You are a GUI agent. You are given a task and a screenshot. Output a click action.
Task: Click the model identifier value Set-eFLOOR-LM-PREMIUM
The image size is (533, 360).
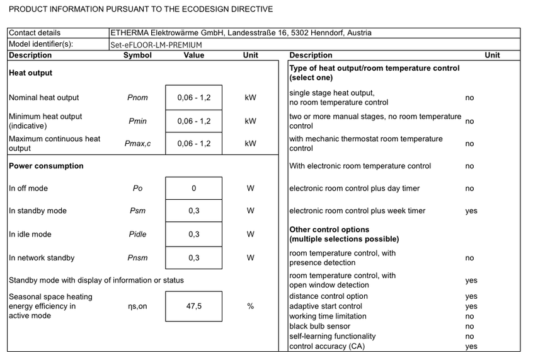coord(156,45)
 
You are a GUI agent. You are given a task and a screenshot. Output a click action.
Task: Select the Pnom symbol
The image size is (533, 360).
coord(137,98)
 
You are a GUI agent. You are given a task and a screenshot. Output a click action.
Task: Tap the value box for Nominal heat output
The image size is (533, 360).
coord(194,98)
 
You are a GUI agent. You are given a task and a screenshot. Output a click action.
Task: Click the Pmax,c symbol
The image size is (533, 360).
coord(137,144)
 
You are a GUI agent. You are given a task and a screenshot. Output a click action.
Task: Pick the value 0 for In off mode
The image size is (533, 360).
coord(194,189)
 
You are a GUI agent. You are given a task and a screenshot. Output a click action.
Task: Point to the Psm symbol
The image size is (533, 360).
coord(137,211)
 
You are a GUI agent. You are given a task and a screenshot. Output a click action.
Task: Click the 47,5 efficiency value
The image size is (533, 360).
coord(194,306)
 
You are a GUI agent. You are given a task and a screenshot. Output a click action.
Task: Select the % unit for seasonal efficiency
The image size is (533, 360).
coord(251,306)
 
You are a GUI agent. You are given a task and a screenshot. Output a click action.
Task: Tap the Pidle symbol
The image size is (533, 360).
coord(137,235)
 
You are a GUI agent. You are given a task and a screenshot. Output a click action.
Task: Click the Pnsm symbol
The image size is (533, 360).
coord(137,258)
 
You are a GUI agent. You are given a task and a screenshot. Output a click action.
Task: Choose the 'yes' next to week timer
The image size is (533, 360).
coord(471,211)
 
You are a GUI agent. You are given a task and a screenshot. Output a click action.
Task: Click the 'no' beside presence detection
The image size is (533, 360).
coord(469,258)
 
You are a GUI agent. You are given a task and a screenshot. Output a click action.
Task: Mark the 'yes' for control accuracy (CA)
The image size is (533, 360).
coord(471,346)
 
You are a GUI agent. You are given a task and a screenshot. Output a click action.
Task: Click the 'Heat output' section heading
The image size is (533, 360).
coord(30,73)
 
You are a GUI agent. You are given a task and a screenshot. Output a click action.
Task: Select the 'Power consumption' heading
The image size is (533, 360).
coord(46,166)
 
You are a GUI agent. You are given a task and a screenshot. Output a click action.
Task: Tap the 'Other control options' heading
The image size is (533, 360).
coord(330,229)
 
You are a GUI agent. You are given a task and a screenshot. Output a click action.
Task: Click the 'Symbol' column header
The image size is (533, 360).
coord(137,55)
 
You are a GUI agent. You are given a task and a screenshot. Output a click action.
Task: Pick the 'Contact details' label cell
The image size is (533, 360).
coord(35,33)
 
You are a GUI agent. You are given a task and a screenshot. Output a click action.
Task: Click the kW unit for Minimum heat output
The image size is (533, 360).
coord(251,121)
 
